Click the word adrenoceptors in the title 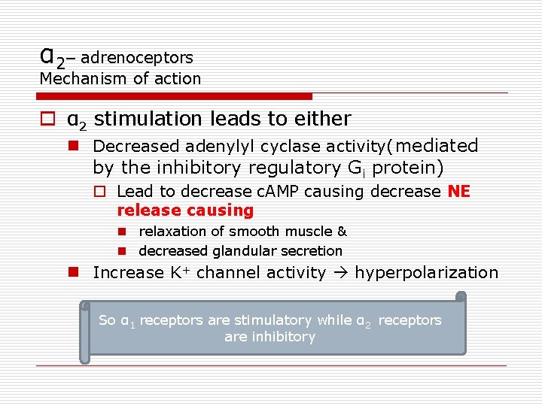pyautogui.click(x=136, y=57)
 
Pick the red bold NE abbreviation pyautogui.click(x=458, y=192)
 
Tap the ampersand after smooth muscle pyautogui.click(x=342, y=232)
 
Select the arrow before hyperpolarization pyautogui.click(x=342, y=273)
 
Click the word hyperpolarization pyautogui.click(x=427, y=273)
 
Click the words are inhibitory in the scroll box pyautogui.click(x=269, y=337)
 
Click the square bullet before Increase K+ pyautogui.click(x=75, y=272)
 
